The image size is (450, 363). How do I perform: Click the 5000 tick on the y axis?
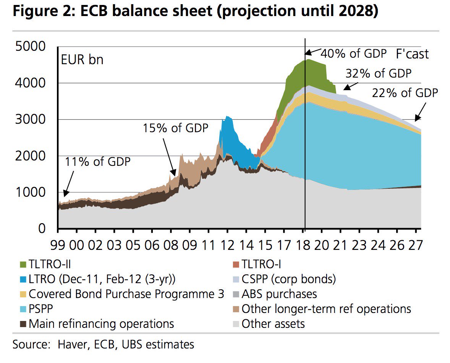(x=30, y=47)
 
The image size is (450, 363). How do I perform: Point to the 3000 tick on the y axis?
(x=30, y=120)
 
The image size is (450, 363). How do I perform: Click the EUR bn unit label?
(x=82, y=60)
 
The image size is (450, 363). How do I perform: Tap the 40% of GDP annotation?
(x=354, y=53)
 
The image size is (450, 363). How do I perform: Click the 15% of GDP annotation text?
(x=176, y=128)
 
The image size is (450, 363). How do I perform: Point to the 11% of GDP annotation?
(x=98, y=161)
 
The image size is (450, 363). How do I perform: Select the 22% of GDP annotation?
(x=405, y=93)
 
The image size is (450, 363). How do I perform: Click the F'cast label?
(x=412, y=54)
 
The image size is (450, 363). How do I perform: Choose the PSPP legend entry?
(x=43, y=309)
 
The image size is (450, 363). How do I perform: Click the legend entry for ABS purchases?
(x=279, y=294)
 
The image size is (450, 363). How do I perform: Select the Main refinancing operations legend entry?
(x=101, y=324)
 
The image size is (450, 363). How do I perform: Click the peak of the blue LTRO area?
(x=227, y=117)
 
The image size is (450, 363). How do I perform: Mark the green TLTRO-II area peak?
(x=308, y=60)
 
